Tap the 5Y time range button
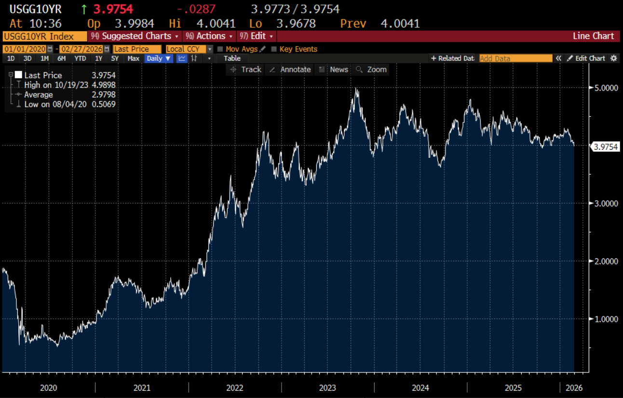pos(115,58)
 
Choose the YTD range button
pos(80,58)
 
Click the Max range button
pos(134,58)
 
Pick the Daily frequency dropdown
pos(159,58)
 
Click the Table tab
pos(232,58)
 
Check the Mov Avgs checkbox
pos(220,49)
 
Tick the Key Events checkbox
pos(274,49)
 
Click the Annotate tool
pos(290,69)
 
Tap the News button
pos(334,69)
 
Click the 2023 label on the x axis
pos(327,387)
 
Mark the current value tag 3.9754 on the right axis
pos(606,147)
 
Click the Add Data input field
pos(515,58)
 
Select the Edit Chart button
pos(586,58)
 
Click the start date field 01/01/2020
pos(25,49)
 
